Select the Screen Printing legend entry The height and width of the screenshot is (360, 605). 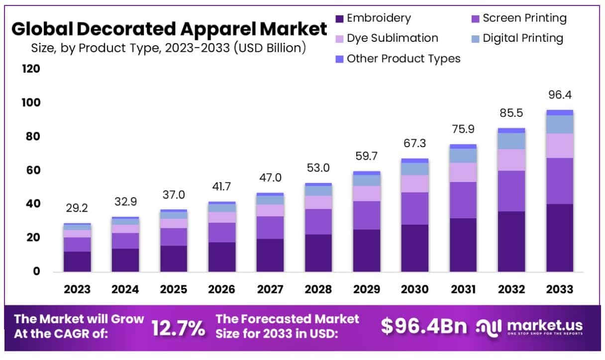point(517,18)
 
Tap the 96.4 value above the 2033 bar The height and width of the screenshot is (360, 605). point(560,94)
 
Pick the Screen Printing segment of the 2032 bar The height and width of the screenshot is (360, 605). point(511,191)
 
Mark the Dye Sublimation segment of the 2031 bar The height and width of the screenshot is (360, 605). point(463,172)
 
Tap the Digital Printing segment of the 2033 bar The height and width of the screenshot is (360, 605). point(560,124)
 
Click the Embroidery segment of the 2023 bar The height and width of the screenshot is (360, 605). point(77,262)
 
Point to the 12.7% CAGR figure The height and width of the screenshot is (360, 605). point(178,327)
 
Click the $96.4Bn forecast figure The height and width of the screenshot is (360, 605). point(424,327)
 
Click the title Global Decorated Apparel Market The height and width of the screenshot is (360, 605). point(169,29)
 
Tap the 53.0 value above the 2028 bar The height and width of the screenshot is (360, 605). point(318,168)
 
